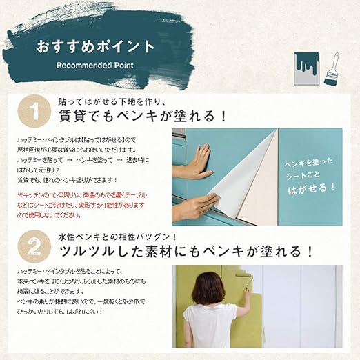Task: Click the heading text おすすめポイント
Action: (96, 47)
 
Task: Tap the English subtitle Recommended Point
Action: (96, 66)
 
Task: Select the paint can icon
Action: (303, 68)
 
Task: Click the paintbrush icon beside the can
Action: (333, 69)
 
